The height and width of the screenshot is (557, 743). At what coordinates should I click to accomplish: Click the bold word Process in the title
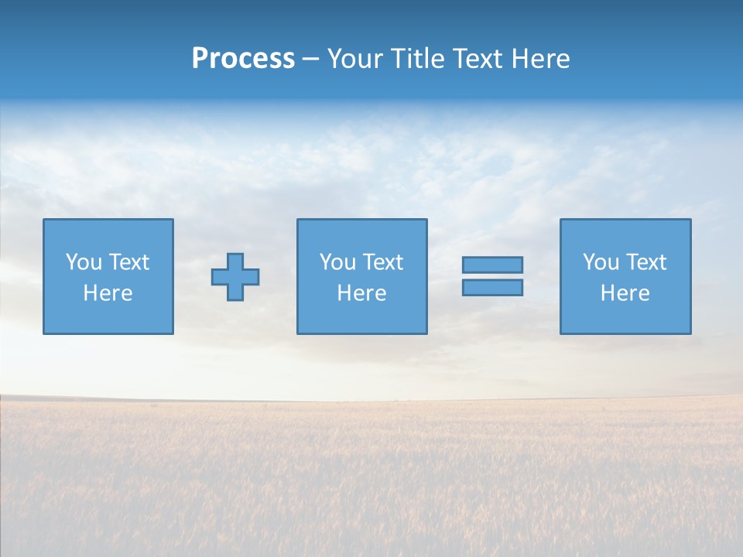point(243,59)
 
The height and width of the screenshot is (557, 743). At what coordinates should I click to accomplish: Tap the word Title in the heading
point(418,59)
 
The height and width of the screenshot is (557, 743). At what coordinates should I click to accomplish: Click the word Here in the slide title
point(542,59)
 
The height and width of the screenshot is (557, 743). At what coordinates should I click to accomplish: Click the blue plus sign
point(235,277)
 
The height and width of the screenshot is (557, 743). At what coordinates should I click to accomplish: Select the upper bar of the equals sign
point(492,265)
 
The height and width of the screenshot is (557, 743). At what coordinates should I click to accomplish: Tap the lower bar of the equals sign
point(492,287)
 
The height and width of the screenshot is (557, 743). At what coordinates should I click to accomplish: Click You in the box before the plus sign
point(84,262)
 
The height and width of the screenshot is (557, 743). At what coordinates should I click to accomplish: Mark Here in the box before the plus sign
point(108,293)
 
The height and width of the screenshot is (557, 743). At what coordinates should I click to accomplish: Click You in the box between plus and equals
point(337,262)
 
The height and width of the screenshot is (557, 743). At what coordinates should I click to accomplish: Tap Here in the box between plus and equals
point(361,293)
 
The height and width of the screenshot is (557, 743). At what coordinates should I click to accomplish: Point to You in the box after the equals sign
point(601,262)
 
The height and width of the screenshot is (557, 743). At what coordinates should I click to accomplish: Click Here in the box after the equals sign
point(625,293)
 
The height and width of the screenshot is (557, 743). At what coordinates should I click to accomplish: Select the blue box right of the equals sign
point(625,317)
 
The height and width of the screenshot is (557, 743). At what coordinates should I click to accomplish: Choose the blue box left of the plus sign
point(108,317)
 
